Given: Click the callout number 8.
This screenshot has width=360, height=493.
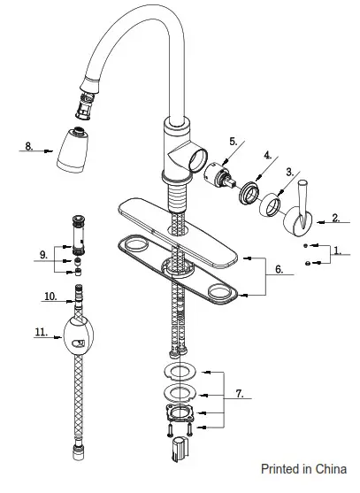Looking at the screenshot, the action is (29, 146).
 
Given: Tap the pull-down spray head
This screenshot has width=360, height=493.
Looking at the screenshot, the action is (73, 150).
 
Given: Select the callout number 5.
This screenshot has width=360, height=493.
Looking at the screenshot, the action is (234, 142).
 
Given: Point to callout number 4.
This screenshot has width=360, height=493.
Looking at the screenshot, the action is (268, 155).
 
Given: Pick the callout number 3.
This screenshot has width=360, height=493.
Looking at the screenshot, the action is (289, 173).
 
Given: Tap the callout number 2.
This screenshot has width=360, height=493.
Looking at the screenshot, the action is (336, 218).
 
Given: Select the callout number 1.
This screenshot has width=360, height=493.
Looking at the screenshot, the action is (337, 250).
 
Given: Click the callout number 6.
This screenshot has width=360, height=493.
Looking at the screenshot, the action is (279, 269).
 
